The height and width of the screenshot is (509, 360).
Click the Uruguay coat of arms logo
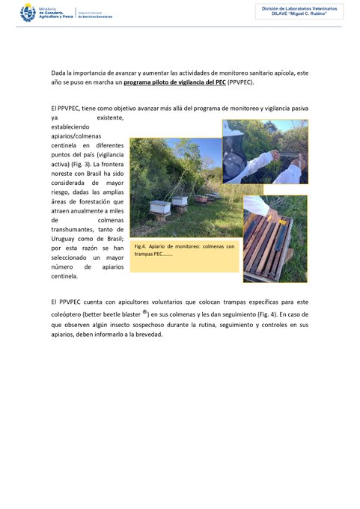click(28, 13)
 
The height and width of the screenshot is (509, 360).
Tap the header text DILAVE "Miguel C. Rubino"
click(299, 13)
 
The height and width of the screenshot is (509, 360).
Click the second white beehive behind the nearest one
click(180, 201)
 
